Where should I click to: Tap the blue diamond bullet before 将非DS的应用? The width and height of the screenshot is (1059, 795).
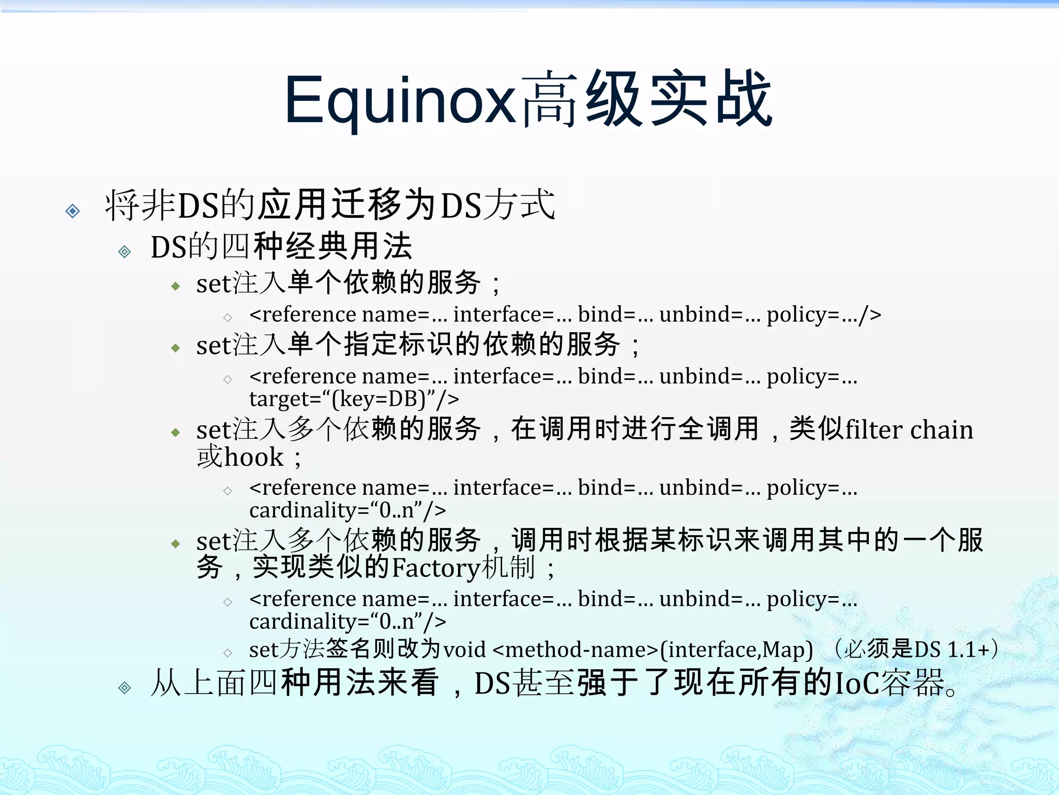coord(73,211)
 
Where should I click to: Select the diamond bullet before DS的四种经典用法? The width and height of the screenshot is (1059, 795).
coord(125,252)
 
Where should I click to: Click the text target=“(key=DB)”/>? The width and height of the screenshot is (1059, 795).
coord(354,399)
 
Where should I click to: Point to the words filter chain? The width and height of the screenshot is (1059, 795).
coord(909,430)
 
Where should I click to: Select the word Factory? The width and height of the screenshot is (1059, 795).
coord(436,568)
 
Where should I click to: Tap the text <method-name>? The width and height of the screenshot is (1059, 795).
coord(576,650)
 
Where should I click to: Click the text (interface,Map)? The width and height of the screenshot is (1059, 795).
coord(737,650)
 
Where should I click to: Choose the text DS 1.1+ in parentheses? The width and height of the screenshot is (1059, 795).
coord(952,650)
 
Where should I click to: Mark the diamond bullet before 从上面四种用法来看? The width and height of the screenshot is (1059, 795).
coord(125,688)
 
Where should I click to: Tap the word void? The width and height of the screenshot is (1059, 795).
coord(464,650)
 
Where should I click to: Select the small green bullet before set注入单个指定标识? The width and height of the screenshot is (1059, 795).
coord(176,348)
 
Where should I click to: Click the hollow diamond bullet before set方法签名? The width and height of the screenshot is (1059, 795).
coord(228,653)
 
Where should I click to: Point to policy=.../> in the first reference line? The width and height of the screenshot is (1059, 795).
coord(823,315)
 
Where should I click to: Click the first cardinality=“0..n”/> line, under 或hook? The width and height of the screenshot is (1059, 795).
coord(347,510)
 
